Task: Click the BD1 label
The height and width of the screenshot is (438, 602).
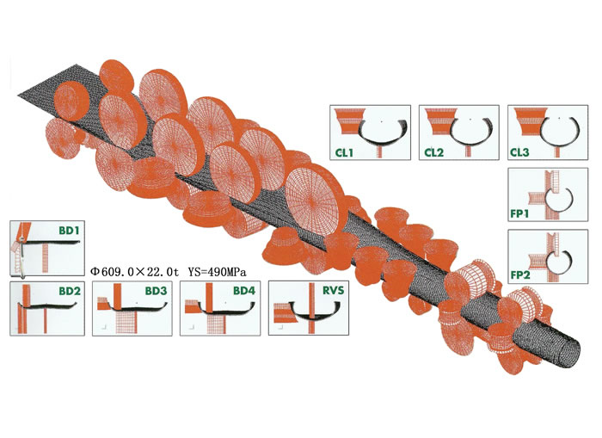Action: pyautogui.click(x=69, y=231)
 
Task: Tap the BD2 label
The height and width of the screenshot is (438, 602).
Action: pyautogui.click(x=70, y=291)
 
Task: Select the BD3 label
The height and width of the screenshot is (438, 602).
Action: pyautogui.click(x=156, y=291)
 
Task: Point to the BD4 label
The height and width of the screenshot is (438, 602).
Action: pyautogui.click(x=244, y=291)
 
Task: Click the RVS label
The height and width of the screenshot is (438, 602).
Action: pyautogui.click(x=334, y=291)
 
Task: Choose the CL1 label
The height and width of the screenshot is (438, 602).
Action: pyautogui.click(x=344, y=152)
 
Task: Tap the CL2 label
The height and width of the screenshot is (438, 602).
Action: pyautogui.click(x=433, y=152)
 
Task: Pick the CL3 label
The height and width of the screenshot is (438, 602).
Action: pyautogui.click(x=519, y=152)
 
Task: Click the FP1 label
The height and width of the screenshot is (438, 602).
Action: pyautogui.click(x=519, y=213)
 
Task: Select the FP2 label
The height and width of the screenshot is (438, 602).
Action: pyautogui.click(x=520, y=275)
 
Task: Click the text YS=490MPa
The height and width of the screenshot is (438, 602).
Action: pyautogui.click(x=218, y=272)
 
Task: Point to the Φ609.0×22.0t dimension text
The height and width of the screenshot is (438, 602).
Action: pyautogui.click(x=135, y=272)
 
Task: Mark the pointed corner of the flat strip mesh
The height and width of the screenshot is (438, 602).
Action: pyautogui.click(x=18, y=94)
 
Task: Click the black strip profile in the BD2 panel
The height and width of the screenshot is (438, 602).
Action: pyautogui.click(x=47, y=307)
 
